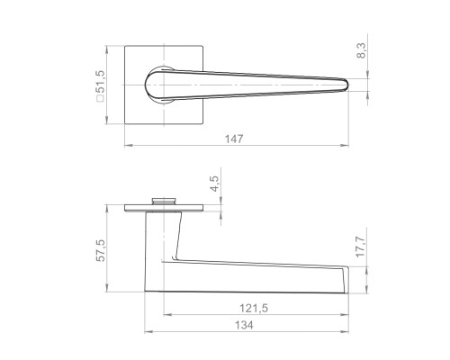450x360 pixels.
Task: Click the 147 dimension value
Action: [x=234, y=139]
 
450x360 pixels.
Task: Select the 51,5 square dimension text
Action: [x=100, y=83]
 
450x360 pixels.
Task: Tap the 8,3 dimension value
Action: [x=362, y=50]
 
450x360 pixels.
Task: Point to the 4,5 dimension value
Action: [x=215, y=184]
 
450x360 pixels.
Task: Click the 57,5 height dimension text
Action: [x=101, y=250]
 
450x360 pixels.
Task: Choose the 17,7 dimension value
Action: [x=360, y=247]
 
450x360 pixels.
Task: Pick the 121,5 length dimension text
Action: [x=254, y=308]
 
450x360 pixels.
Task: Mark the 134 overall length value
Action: [x=244, y=325]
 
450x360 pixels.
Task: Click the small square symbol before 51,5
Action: [x=100, y=98]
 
